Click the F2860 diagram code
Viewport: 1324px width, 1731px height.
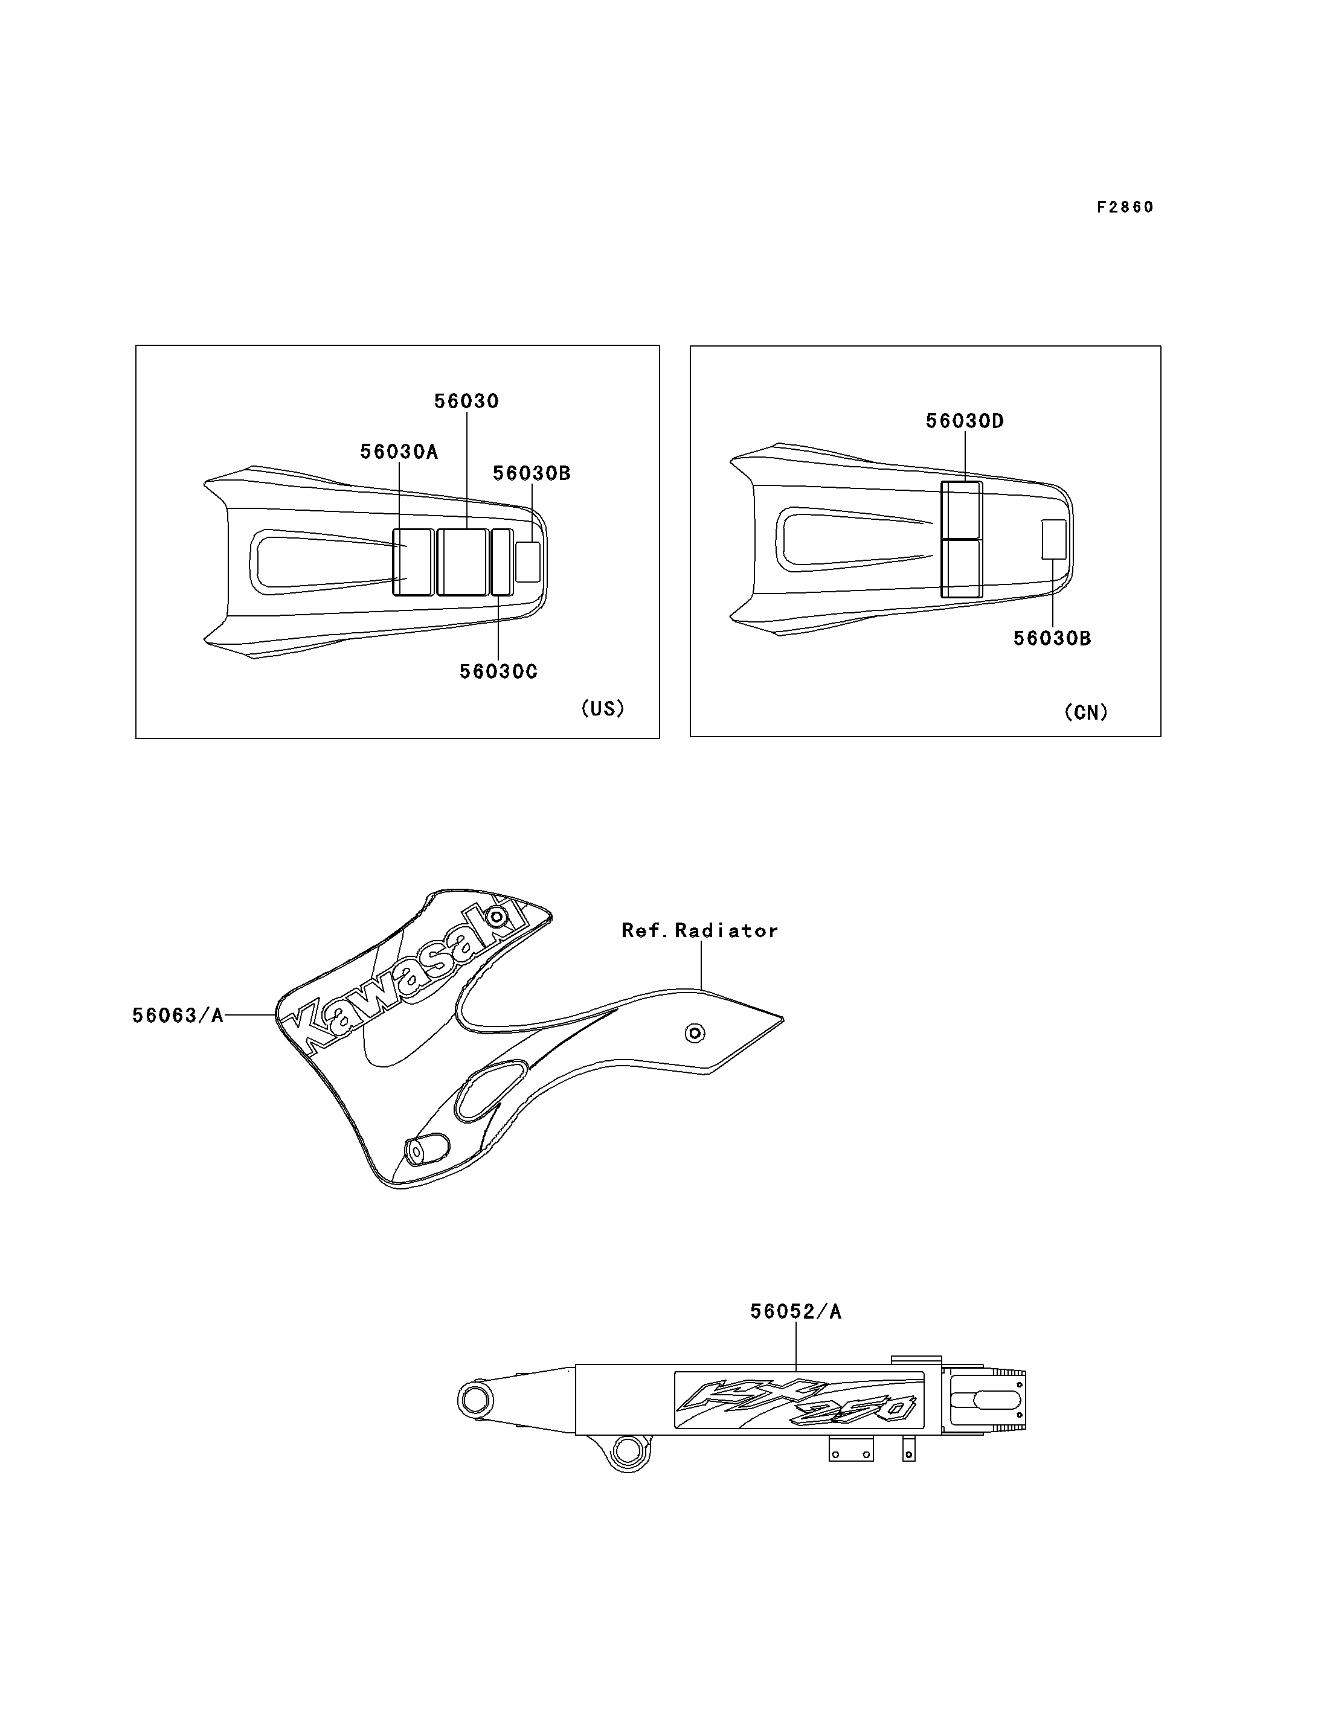pos(1125,207)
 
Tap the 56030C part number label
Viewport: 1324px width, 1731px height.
pos(498,671)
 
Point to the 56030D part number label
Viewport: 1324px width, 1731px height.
pos(965,421)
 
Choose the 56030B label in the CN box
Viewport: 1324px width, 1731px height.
pos(1052,638)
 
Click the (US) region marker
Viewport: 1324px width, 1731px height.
pos(603,708)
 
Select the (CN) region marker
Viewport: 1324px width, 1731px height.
pos(1086,712)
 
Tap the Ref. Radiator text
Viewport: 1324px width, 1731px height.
pos(700,930)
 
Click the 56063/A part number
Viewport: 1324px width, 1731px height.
pos(178,1016)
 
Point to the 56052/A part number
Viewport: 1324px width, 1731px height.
pos(796,1312)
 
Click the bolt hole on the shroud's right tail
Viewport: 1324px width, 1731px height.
pos(694,1033)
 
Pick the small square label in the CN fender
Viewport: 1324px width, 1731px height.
pos(1053,540)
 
